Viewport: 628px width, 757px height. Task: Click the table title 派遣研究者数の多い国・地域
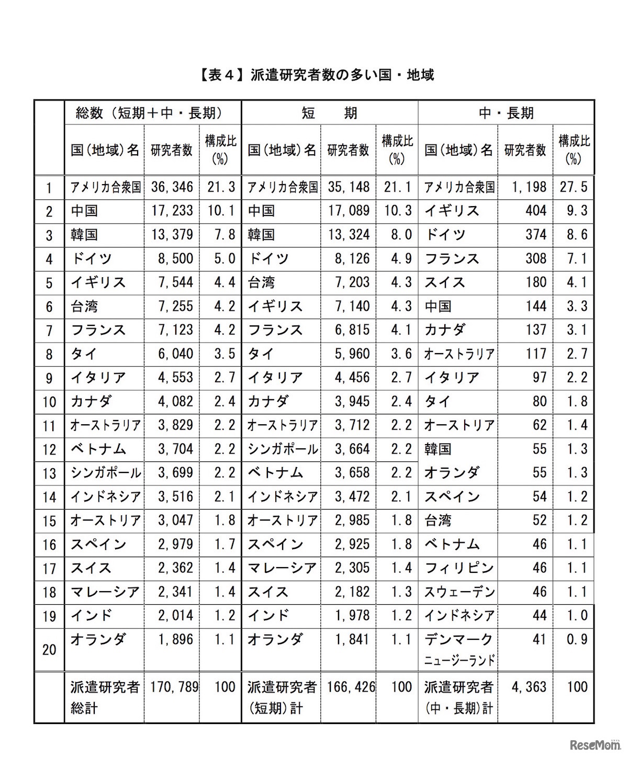coord(316,75)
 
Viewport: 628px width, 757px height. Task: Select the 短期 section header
coord(329,113)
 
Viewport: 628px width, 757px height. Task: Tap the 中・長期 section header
coord(506,113)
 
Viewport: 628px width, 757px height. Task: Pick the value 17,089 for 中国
coord(349,211)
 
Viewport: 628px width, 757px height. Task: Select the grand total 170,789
coord(172,686)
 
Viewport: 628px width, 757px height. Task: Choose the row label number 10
coord(49,402)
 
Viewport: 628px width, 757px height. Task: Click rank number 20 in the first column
coord(49,649)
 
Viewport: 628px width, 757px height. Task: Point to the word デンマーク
coord(458,639)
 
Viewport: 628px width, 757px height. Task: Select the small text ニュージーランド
coord(459,660)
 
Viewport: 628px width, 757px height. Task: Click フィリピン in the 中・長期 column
coord(458,568)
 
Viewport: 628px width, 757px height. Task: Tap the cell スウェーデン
coord(459,592)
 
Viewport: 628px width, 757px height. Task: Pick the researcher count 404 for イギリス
coord(536,211)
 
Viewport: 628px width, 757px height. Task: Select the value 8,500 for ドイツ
coord(175,258)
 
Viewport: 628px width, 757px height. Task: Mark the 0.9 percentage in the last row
coord(577,639)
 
